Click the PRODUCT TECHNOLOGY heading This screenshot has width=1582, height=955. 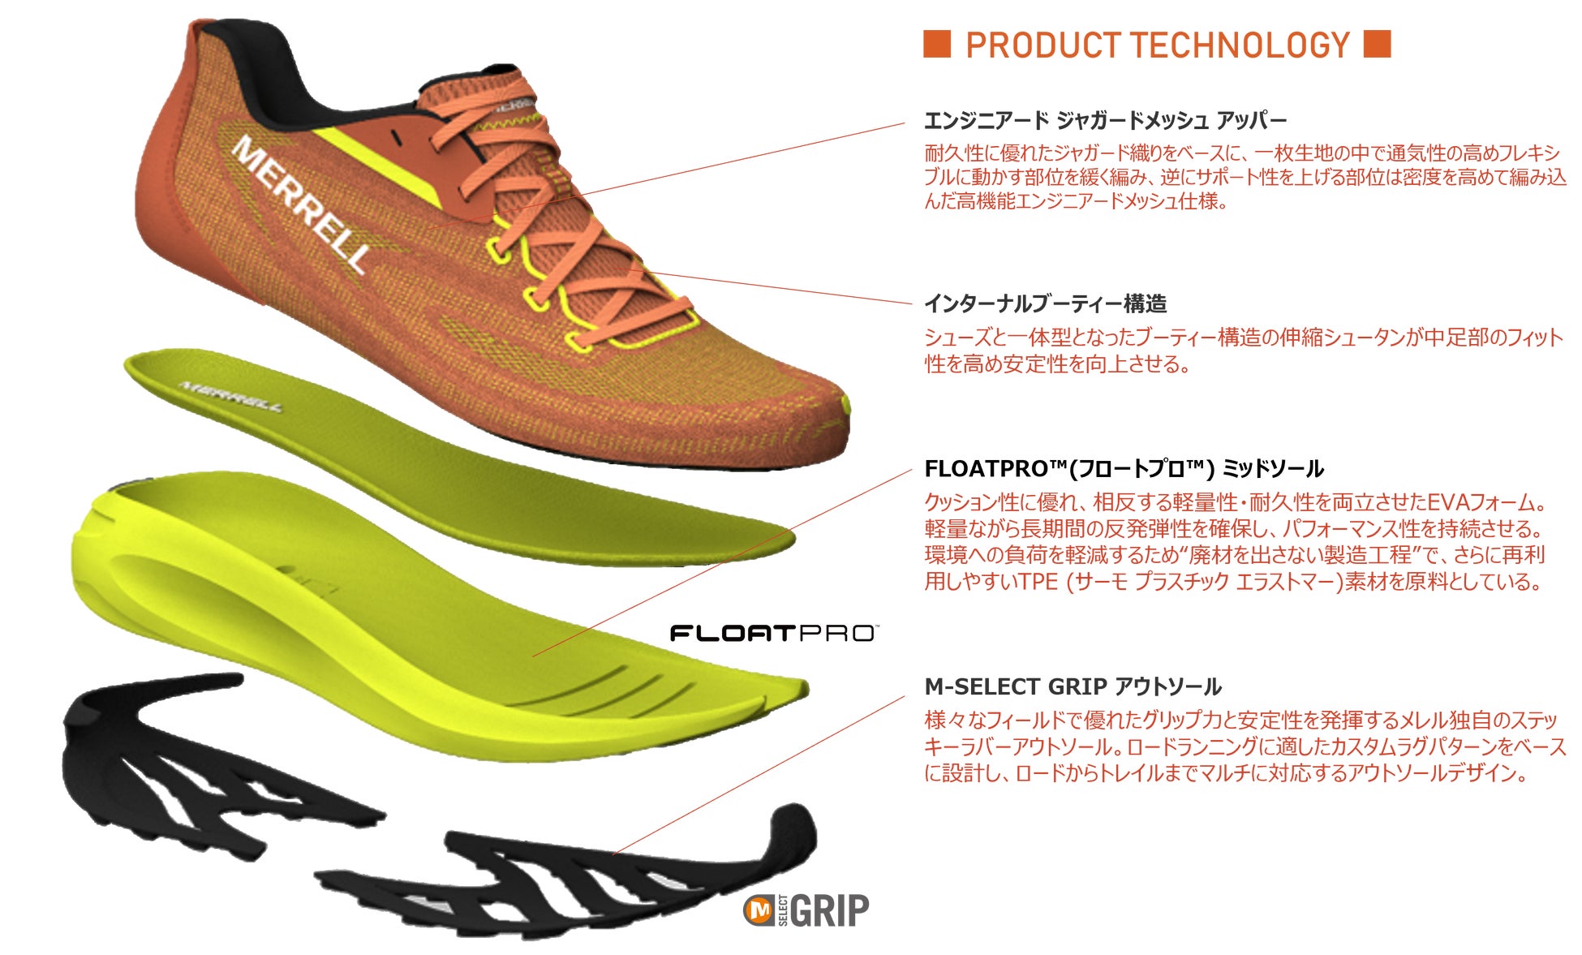pos(1157,45)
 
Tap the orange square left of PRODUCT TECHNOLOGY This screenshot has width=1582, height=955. pos(937,44)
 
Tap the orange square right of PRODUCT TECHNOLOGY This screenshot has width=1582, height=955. pos(1377,44)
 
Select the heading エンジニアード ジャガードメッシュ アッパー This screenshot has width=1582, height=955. pos(1105,121)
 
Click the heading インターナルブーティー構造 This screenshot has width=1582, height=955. pos(1046,304)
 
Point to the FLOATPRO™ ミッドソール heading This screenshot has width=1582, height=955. pos(1124,469)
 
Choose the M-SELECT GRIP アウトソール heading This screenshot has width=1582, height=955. pos(1073,687)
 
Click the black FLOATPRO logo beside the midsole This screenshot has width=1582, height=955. pos(773,633)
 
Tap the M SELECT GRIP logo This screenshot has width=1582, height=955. pos(807,910)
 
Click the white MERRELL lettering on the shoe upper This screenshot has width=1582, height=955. pos(300,203)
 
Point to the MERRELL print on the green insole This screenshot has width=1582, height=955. pos(230,395)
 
